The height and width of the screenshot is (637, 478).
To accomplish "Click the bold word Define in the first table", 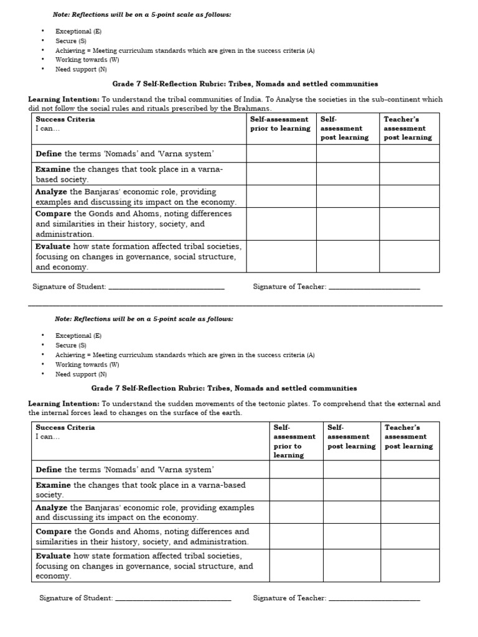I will pyautogui.click(x=49, y=154).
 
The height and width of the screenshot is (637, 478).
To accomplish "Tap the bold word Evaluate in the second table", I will pyautogui.click(x=52, y=556).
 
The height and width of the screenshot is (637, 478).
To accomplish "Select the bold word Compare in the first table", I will pyautogui.click(x=53, y=213).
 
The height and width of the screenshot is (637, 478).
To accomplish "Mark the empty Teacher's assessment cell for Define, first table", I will pyautogui.click(x=409, y=154).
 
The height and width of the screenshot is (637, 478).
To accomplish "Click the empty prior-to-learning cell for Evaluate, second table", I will pyautogui.click(x=296, y=565).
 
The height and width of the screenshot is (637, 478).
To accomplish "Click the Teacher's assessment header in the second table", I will pyautogui.click(x=408, y=437).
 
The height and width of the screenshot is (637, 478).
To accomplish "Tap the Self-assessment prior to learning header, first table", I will pyautogui.click(x=279, y=124).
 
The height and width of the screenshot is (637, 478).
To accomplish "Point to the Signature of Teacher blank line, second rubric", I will pyautogui.click(x=373, y=598).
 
